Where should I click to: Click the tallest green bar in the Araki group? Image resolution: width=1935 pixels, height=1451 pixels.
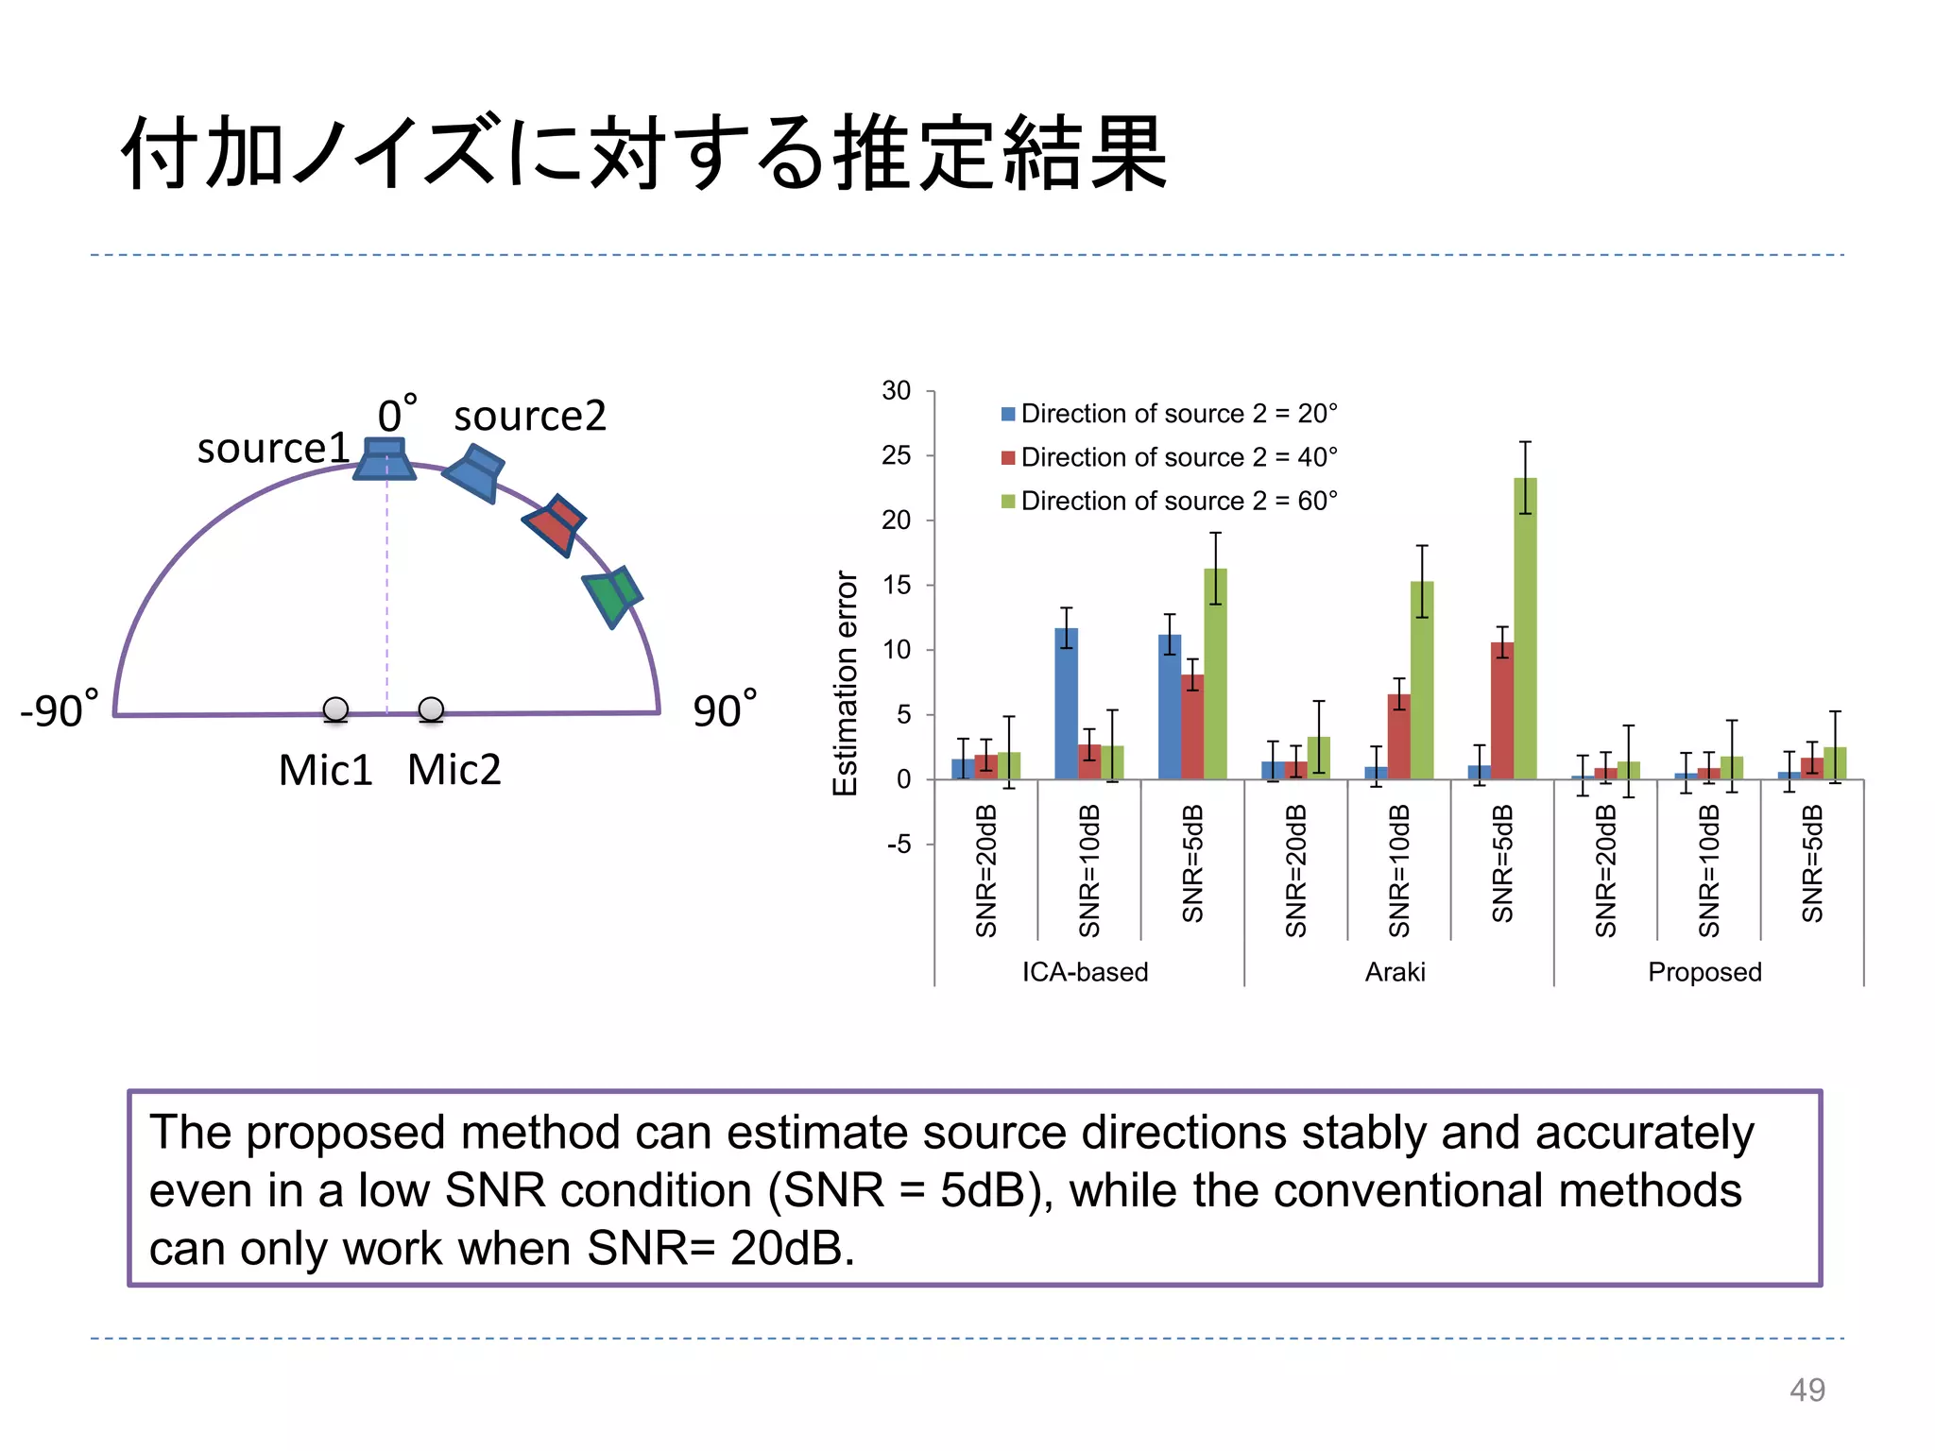click(1525, 628)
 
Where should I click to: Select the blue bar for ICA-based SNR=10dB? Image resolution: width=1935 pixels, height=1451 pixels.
click(1066, 704)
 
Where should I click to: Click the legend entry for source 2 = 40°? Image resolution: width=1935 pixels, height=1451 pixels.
click(1170, 457)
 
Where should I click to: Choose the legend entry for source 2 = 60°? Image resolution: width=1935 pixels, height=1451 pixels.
click(1170, 501)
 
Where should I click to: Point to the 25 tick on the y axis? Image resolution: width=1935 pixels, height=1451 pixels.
click(897, 455)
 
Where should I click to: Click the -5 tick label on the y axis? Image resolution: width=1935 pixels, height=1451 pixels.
click(899, 844)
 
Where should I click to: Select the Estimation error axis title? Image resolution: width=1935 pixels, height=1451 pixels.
click(846, 683)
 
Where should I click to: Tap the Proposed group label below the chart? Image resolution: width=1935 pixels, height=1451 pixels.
click(1704, 972)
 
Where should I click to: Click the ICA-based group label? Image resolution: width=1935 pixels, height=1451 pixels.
click(1085, 972)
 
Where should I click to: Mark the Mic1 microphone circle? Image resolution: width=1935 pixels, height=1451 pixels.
click(335, 709)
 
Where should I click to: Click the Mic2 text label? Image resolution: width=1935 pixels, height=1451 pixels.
click(454, 770)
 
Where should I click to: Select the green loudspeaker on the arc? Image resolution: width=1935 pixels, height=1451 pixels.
click(612, 595)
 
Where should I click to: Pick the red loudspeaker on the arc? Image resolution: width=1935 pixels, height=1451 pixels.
click(555, 524)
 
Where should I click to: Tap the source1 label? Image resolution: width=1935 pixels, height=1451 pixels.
click(273, 448)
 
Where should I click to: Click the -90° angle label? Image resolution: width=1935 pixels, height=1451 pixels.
click(59, 710)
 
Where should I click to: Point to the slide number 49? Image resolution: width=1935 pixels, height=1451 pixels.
click(1807, 1390)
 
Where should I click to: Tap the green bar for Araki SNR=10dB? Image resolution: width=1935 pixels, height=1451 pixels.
click(1422, 680)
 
